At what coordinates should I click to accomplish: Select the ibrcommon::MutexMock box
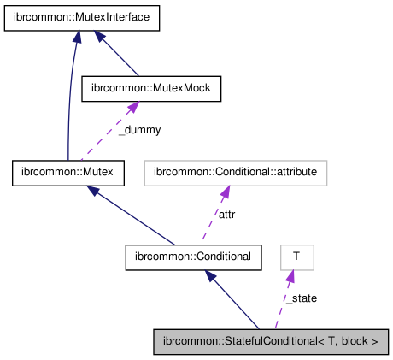click(150, 87)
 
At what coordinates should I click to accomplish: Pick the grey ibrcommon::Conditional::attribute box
click(235, 172)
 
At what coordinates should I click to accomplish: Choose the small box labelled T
click(296, 256)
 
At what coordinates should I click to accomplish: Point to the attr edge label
click(226, 215)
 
